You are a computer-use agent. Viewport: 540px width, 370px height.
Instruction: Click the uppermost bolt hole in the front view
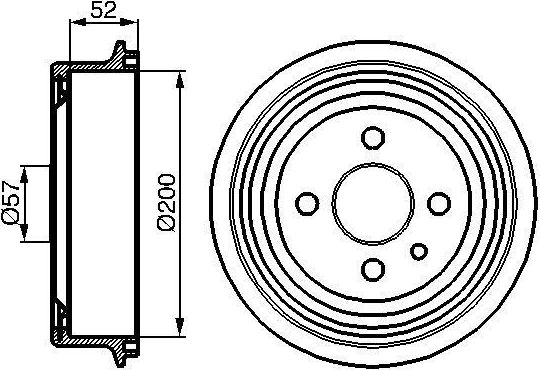[373, 137]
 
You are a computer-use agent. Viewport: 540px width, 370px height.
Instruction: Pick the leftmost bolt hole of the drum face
[307, 203]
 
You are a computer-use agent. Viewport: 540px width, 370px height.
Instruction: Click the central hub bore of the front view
[373, 203]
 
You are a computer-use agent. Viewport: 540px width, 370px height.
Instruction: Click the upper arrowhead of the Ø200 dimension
[181, 77]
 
